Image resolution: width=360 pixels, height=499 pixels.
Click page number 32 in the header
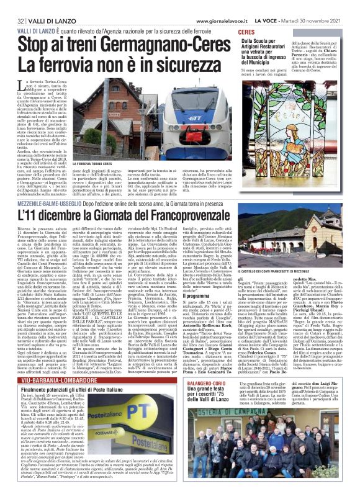(11, 6)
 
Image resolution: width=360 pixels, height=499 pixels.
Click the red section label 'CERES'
(245, 31)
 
